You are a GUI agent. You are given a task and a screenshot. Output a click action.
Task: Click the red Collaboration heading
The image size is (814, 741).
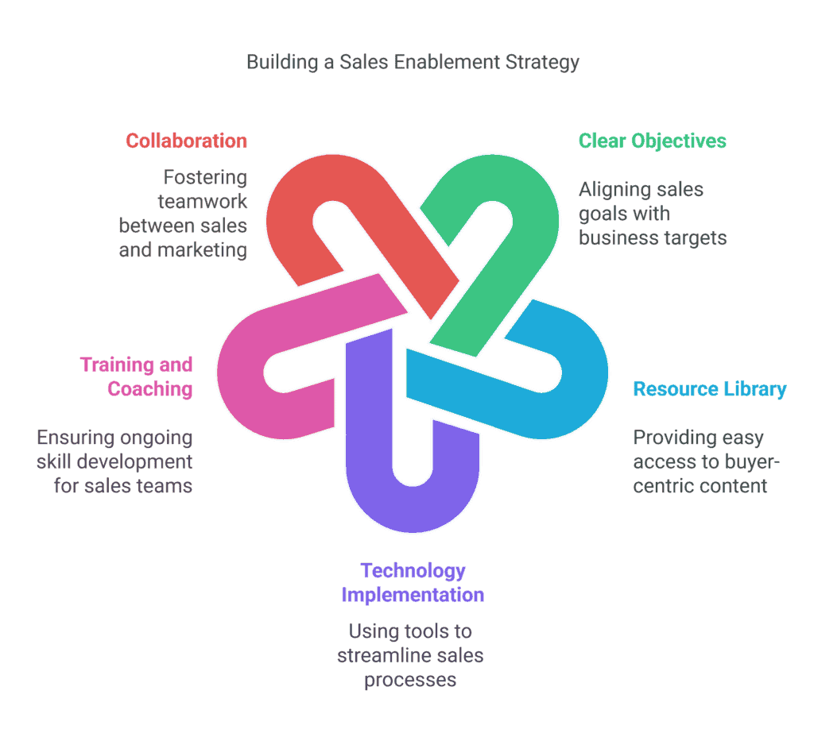[x=186, y=141]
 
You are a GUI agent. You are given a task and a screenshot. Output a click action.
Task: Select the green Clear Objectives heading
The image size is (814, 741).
[x=652, y=141]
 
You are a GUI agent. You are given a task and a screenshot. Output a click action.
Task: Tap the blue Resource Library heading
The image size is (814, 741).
[x=709, y=389]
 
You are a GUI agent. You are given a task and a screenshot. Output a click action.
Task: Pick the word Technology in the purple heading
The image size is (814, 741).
[x=413, y=570]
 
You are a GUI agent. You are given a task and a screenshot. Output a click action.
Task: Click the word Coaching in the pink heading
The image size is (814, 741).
[x=150, y=389]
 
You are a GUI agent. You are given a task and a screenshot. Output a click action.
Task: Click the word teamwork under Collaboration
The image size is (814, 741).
[x=202, y=202]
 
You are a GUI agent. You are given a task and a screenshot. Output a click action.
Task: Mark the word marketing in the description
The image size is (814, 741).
[x=203, y=249]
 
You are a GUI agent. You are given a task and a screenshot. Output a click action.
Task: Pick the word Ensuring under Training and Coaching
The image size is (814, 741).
[x=76, y=438]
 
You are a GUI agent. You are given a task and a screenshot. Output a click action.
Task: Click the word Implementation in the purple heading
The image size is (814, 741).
[x=413, y=595]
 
